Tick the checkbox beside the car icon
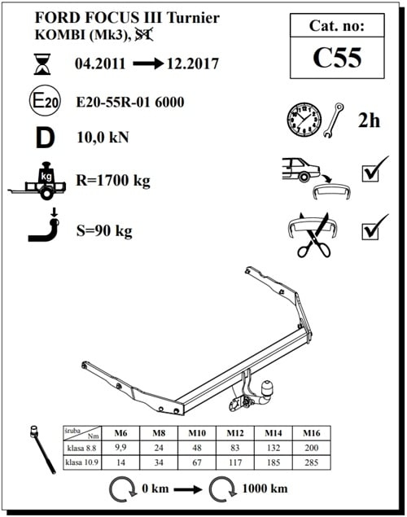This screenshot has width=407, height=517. point(374,173)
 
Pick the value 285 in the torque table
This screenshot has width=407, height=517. point(310,462)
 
